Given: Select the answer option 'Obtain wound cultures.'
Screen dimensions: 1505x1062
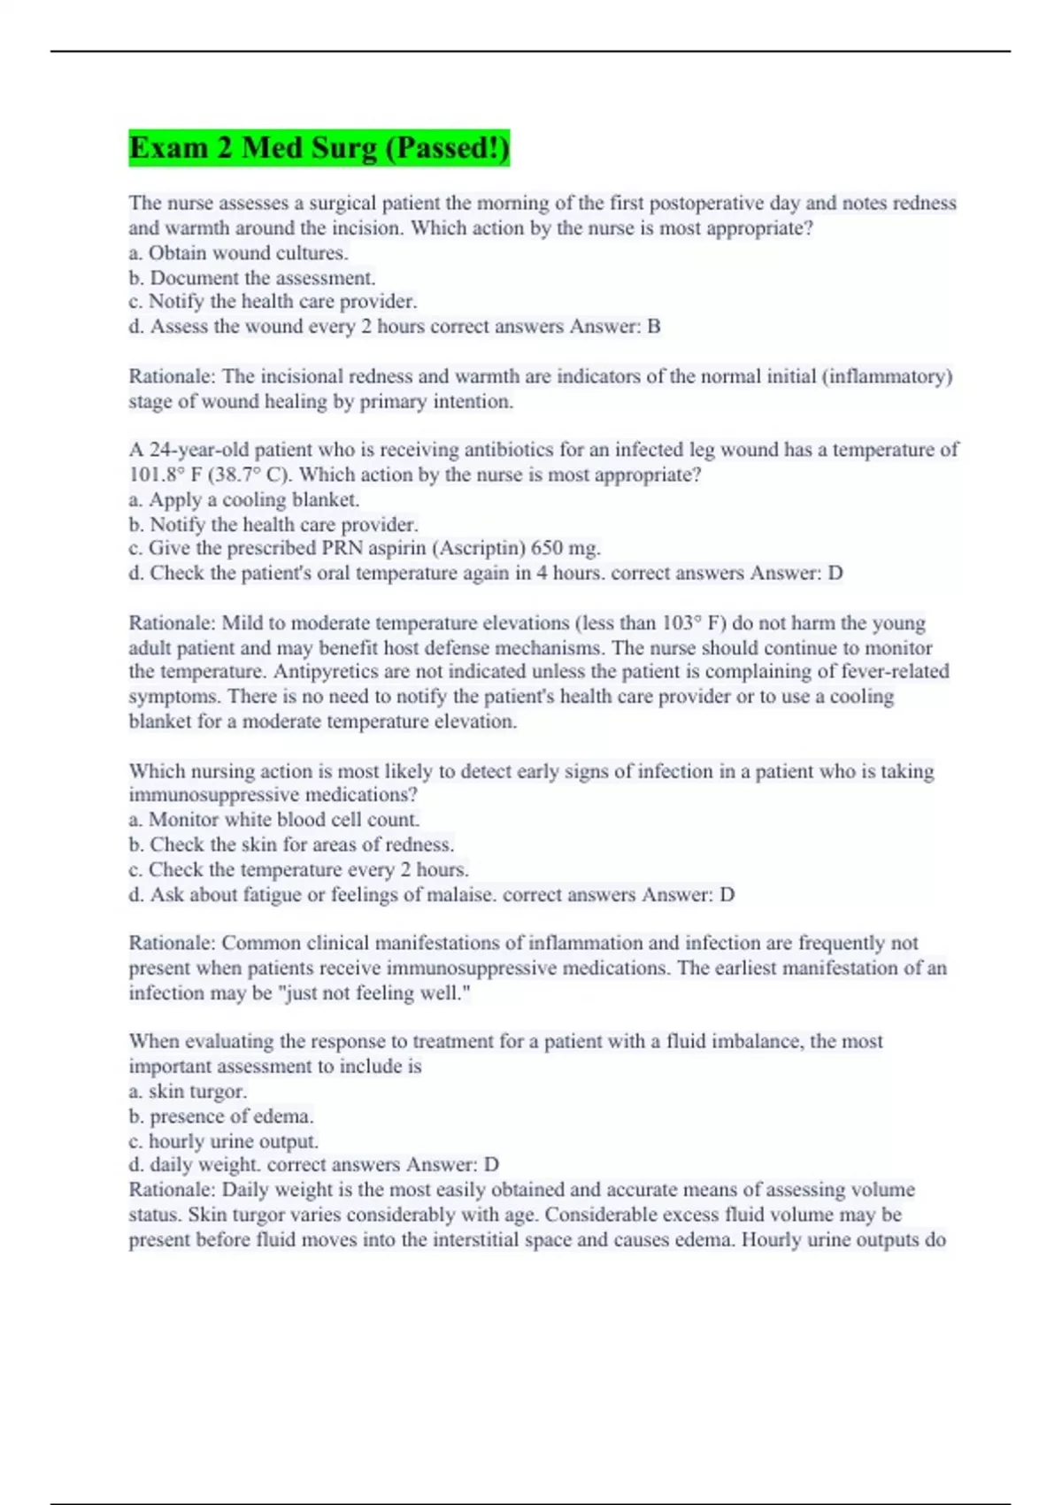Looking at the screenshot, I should pos(248,253).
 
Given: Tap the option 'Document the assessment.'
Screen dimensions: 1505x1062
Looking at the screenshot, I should pos(262,278).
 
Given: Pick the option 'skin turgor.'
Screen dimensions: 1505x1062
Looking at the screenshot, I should pos(197,1092).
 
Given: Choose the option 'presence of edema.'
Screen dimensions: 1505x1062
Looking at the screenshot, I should pos(231,1116).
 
